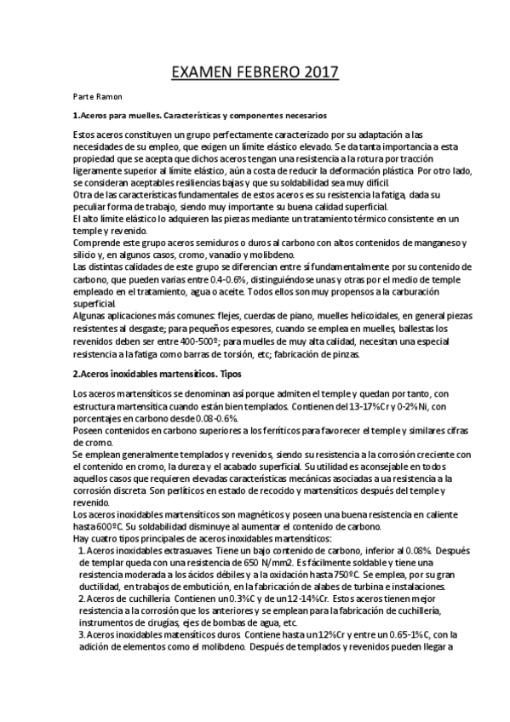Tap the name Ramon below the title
click(x=110, y=96)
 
